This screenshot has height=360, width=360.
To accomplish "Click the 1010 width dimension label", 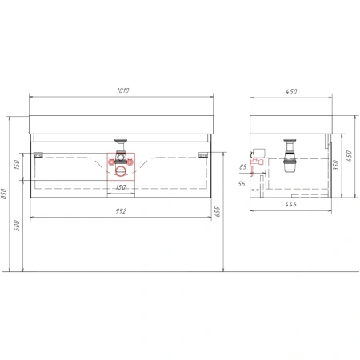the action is point(122,90).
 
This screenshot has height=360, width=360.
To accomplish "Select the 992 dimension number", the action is point(121,211).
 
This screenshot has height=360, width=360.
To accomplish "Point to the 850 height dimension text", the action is point(3,194).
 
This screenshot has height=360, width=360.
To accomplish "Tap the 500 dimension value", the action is point(17,226).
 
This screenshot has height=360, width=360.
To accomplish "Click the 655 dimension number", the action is point(218,211).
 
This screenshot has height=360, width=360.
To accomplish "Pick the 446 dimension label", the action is point(290,204).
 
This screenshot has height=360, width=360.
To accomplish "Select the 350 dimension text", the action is point(336,165).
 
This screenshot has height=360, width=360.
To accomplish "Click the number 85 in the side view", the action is point(242,167).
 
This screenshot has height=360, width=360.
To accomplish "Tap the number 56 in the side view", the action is point(242,184).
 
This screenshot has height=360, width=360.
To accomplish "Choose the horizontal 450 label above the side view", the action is point(291,91).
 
